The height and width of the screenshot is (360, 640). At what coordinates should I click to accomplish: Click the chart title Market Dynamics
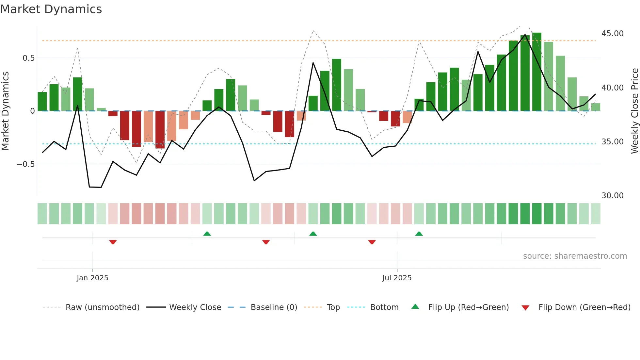pyautogui.click(x=51, y=9)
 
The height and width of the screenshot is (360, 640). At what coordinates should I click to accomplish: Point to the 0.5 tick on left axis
pyautogui.click(x=28, y=58)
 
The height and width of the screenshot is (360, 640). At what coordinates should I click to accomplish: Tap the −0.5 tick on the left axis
pyautogui.click(x=26, y=164)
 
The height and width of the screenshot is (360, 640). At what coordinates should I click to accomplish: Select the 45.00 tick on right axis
pyautogui.click(x=612, y=34)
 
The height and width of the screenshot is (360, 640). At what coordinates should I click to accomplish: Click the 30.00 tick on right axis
pyautogui.click(x=612, y=196)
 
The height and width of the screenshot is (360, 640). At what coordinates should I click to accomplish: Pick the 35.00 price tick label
pyautogui.click(x=612, y=142)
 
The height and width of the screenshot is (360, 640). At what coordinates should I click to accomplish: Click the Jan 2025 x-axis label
pyautogui.click(x=92, y=278)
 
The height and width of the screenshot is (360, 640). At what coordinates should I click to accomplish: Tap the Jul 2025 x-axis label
pyautogui.click(x=397, y=278)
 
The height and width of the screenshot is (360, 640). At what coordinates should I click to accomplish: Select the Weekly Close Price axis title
pyautogui.click(x=634, y=111)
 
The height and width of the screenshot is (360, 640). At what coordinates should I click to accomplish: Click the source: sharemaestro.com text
pyautogui.click(x=575, y=256)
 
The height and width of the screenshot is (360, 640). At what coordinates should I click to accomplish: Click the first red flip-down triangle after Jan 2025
pyautogui.click(x=113, y=242)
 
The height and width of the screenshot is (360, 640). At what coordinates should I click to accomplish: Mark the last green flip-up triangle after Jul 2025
pyautogui.click(x=419, y=234)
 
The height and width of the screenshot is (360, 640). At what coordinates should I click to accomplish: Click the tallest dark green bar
pyautogui.click(x=536, y=72)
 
